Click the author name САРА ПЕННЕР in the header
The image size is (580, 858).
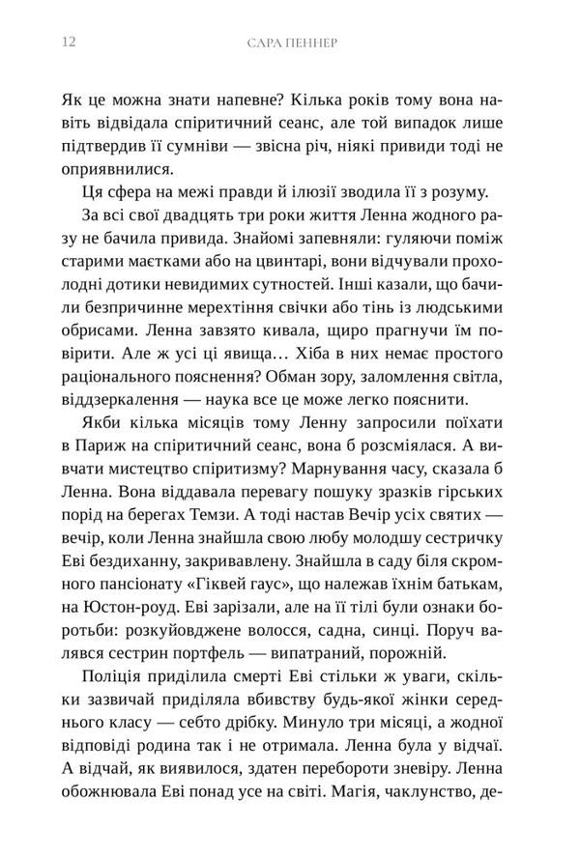[x=289, y=43]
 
